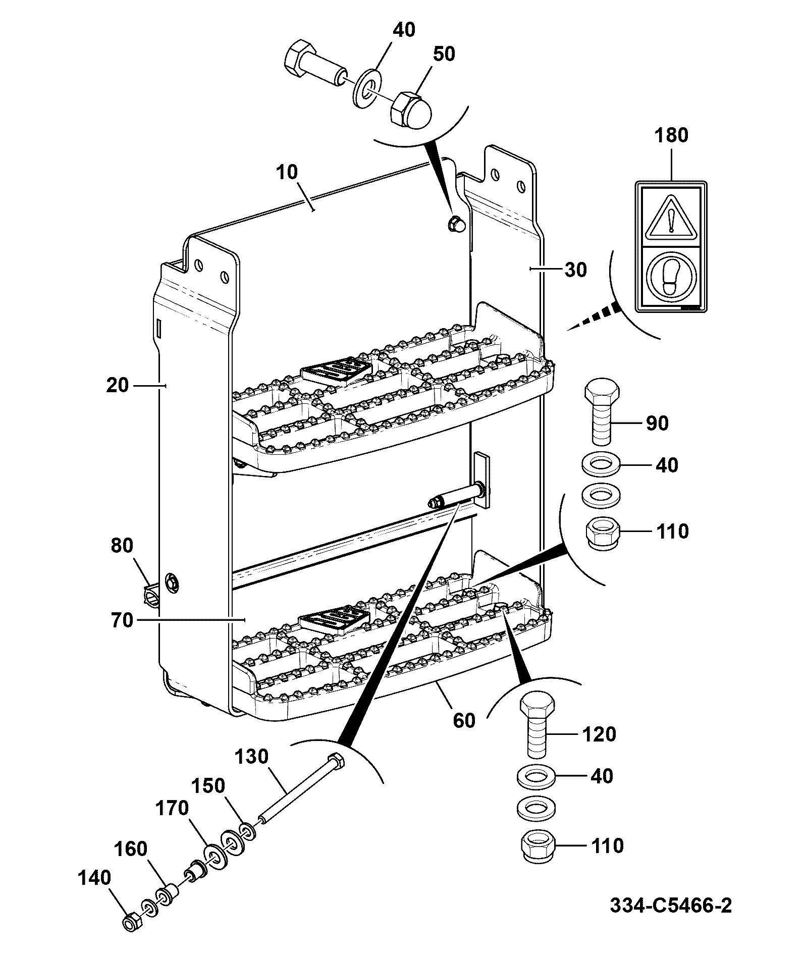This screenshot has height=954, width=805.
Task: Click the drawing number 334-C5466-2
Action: tap(671, 905)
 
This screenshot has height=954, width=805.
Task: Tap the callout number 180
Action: tap(672, 135)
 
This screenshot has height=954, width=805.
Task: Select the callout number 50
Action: tap(444, 54)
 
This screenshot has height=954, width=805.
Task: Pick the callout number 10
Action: tap(288, 172)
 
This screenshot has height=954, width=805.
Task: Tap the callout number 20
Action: tap(118, 386)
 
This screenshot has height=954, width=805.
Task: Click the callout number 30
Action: tap(576, 270)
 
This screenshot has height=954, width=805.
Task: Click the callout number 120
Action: tap(599, 734)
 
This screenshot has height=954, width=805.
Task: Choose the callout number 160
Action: tap(131, 849)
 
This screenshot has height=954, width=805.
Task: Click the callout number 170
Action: tap(172, 808)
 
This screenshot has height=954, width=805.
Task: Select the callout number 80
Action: tap(122, 546)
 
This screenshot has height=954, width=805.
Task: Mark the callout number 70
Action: tap(122, 620)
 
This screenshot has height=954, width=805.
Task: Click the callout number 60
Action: tap(464, 720)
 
